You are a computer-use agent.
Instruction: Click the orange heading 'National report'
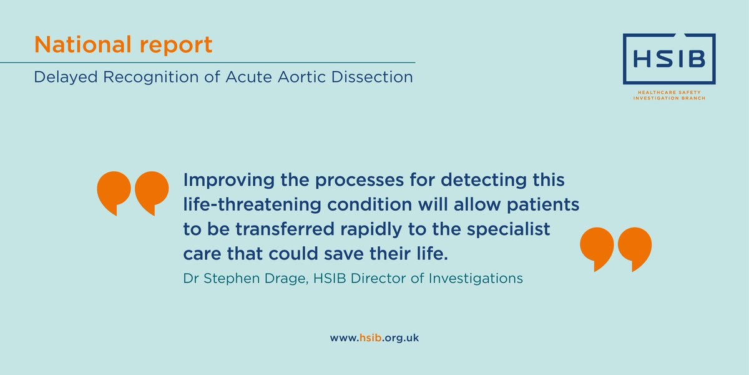(123, 44)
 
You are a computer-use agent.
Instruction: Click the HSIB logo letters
(668, 59)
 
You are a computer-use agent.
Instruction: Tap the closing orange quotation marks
(615, 249)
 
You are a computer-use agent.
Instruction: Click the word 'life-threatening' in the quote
(250, 205)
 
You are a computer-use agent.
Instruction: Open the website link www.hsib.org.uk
(374, 337)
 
